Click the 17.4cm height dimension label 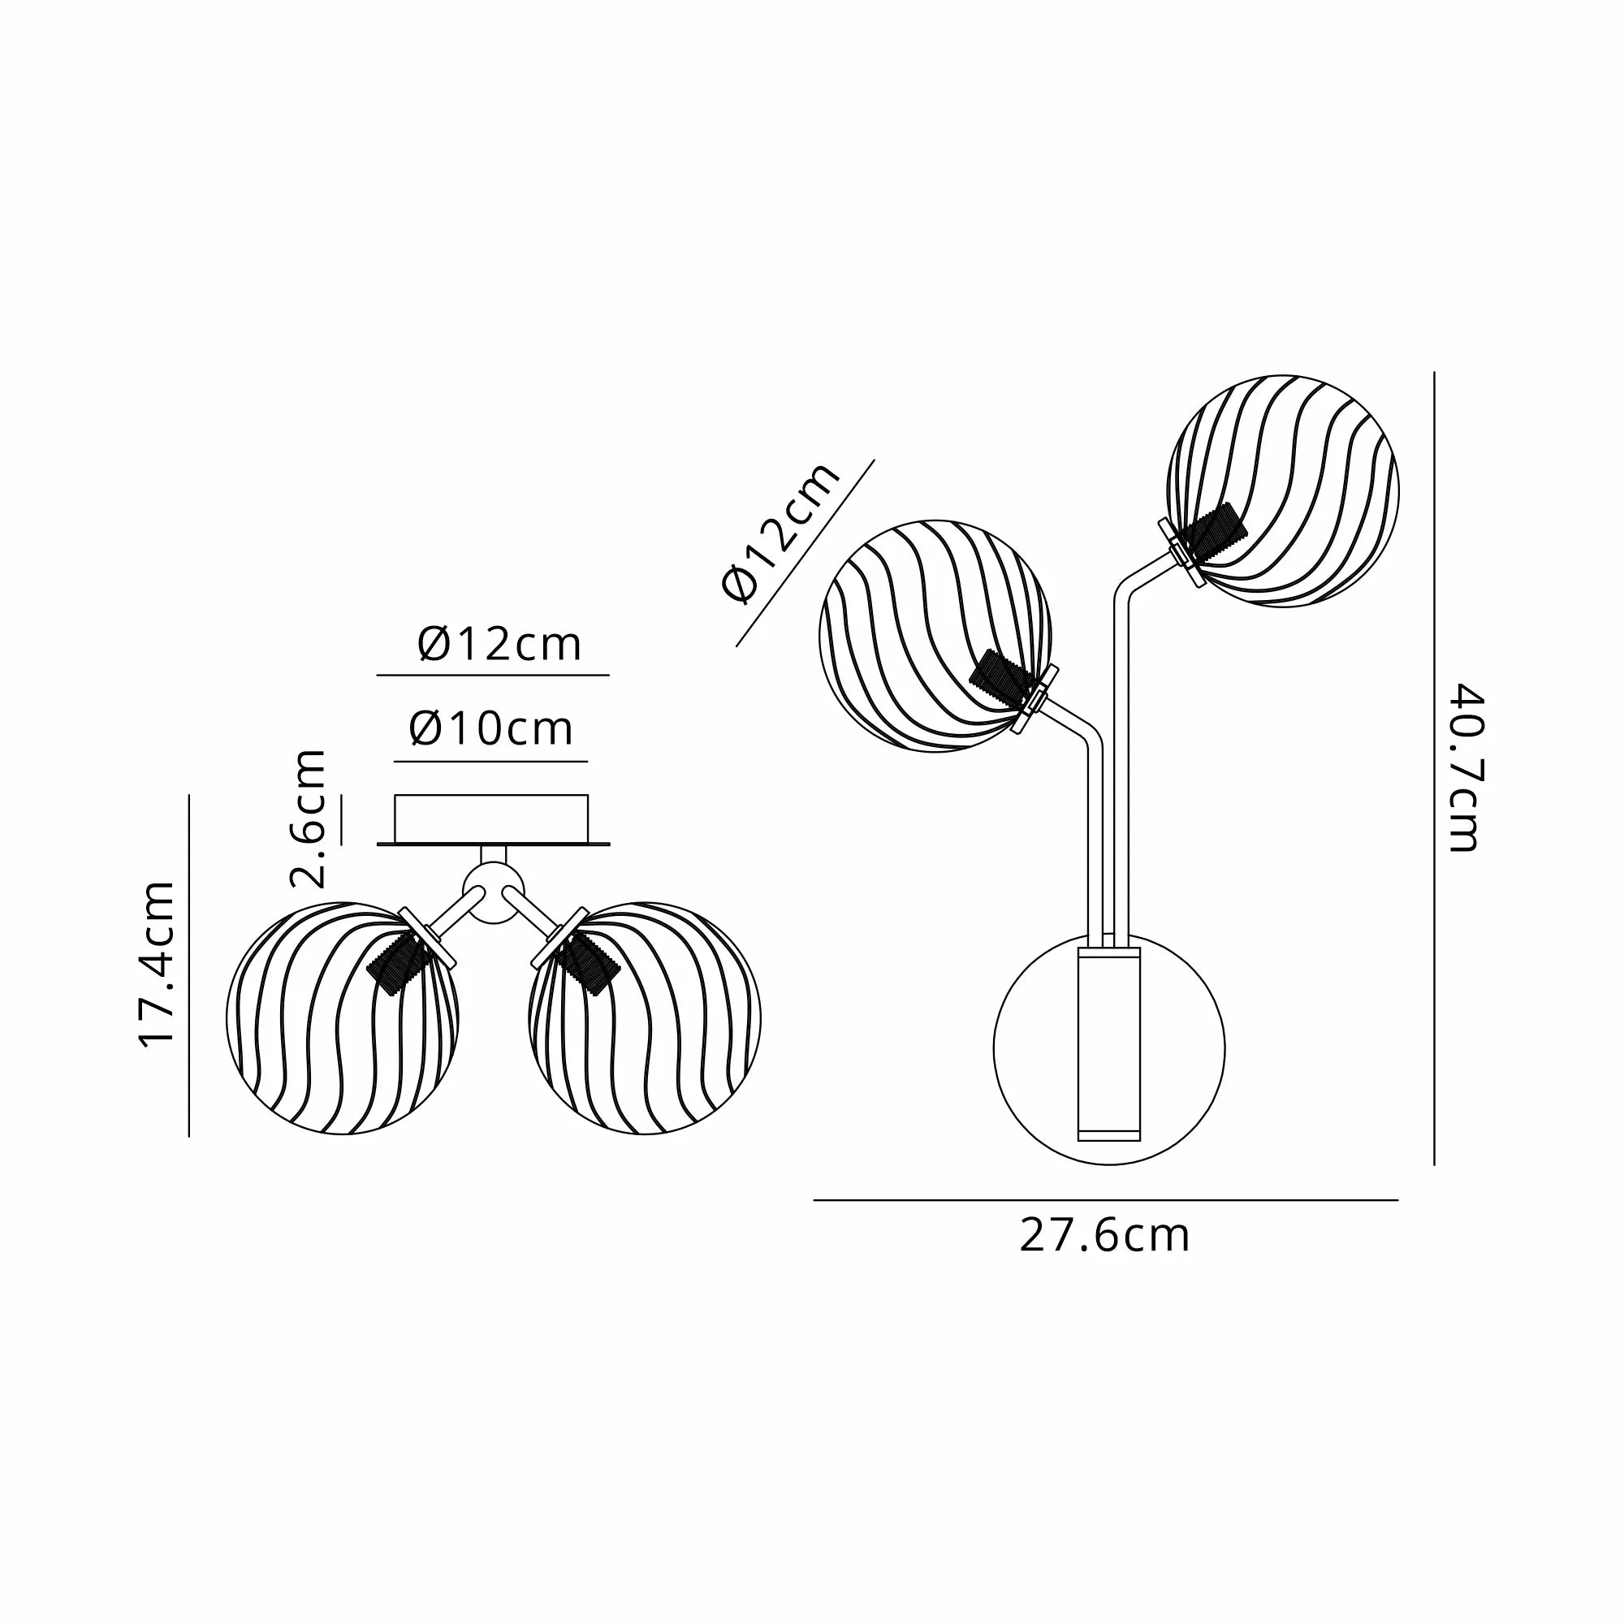[158, 963]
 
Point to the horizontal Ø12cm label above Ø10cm [499, 646]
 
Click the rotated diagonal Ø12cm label [781, 532]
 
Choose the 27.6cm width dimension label [1104, 1237]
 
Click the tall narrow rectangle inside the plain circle [1109, 1046]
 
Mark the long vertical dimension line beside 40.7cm [1434, 769]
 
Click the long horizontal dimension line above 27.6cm [1104, 1200]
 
